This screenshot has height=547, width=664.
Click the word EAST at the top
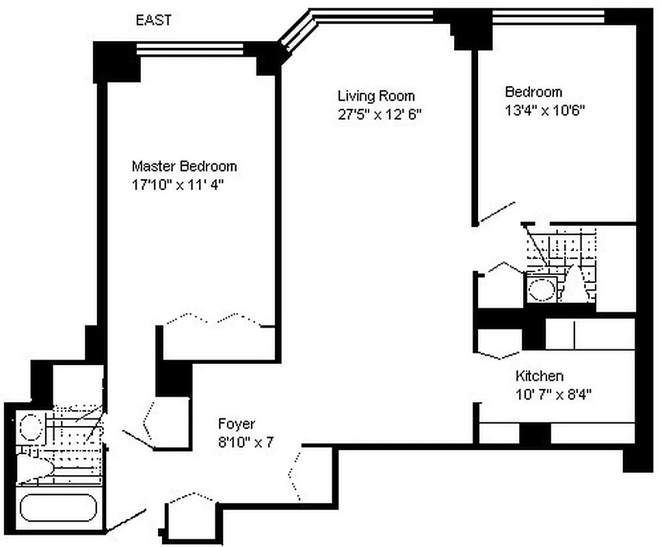pos(154,21)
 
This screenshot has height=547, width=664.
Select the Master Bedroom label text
pos(184,166)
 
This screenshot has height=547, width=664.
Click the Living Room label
pos(376,96)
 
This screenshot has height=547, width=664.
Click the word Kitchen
pos(540,376)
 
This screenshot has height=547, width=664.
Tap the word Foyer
pos(237,423)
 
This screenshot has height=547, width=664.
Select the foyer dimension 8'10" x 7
pos(245,442)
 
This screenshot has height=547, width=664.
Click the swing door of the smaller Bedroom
pos(496,213)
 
